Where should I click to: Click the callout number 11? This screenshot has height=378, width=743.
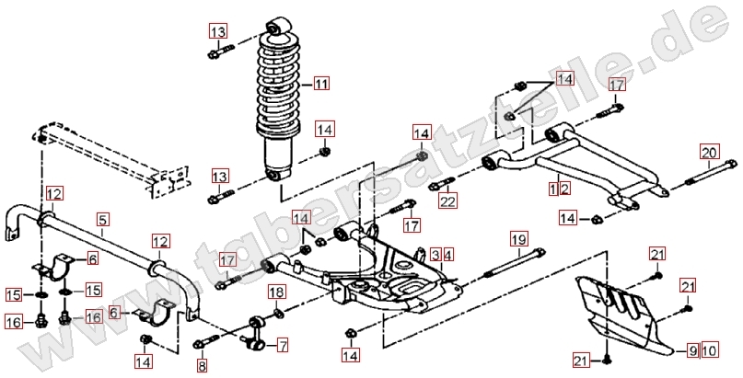tap(320, 85)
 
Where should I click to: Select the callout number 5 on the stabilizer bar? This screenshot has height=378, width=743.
tap(103, 219)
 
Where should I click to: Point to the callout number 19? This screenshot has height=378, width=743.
tap(519, 240)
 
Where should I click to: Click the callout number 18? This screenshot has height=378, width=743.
tap(275, 292)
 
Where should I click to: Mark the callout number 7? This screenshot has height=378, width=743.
tap(282, 346)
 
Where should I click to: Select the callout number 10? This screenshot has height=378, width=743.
tap(709, 349)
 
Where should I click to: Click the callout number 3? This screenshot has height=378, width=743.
tap(434, 254)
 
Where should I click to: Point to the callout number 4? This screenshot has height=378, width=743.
tap(448, 254)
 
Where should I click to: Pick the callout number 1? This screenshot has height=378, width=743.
tap(552, 189)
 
